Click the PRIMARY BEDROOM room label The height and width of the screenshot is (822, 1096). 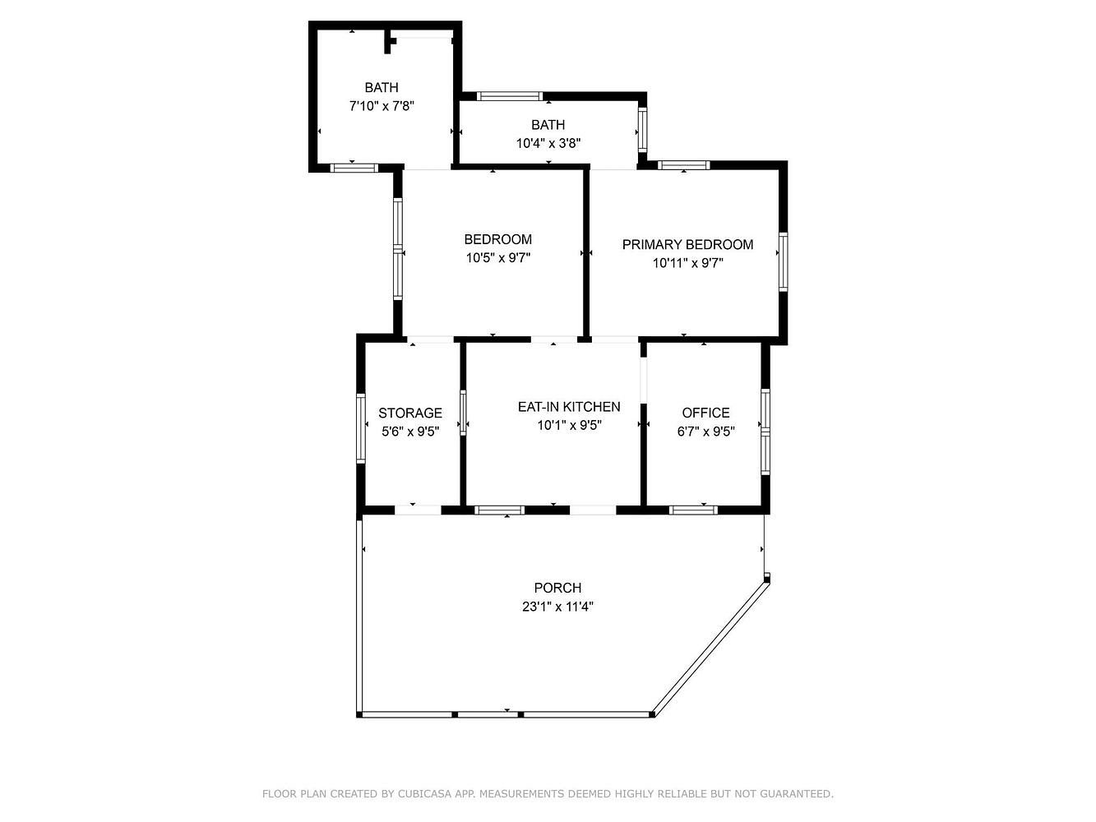click(x=687, y=245)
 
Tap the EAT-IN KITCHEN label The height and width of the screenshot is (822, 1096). click(x=569, y=407)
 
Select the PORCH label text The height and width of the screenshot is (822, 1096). click(x=557, y=588)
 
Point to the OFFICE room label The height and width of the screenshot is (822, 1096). click(x=705, y=413)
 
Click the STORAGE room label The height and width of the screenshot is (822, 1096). click(x=410, y=413)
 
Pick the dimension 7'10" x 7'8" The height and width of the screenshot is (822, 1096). click(x=382, y=106)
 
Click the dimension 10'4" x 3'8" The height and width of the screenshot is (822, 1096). click(x=548, y=143)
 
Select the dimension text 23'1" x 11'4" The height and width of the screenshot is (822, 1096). click(x=557, y=607)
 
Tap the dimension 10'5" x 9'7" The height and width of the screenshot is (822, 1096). click(x=497, y=257)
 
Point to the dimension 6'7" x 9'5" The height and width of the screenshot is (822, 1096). click(x=705, y=432)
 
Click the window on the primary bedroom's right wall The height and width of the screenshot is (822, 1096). click(x=783, y=262)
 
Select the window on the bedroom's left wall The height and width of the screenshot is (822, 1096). click(x=397, y=249)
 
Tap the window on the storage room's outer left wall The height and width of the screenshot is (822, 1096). click(x=360, y=428)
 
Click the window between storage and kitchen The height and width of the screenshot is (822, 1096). click(x=463, y=413)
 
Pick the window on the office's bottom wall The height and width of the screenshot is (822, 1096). click(x=693, y=510)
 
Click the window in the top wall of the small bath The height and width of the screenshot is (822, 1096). click(x=509, y=96)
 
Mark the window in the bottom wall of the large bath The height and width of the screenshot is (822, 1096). click(x=354, y=168)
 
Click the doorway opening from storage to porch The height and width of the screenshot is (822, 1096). click(x=418, y=510)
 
